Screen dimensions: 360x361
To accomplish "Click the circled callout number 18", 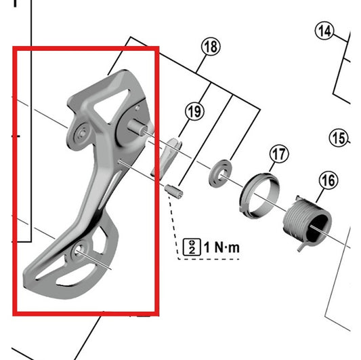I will pyautogui.click(x=211, y=47).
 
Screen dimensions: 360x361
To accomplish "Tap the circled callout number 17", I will pyautogui.click(x=277, y=154).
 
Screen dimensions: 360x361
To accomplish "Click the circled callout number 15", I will pyautogui.click(x=339, y=138).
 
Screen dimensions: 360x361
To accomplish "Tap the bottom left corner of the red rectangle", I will pyautogui.click(x=15, y=314).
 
